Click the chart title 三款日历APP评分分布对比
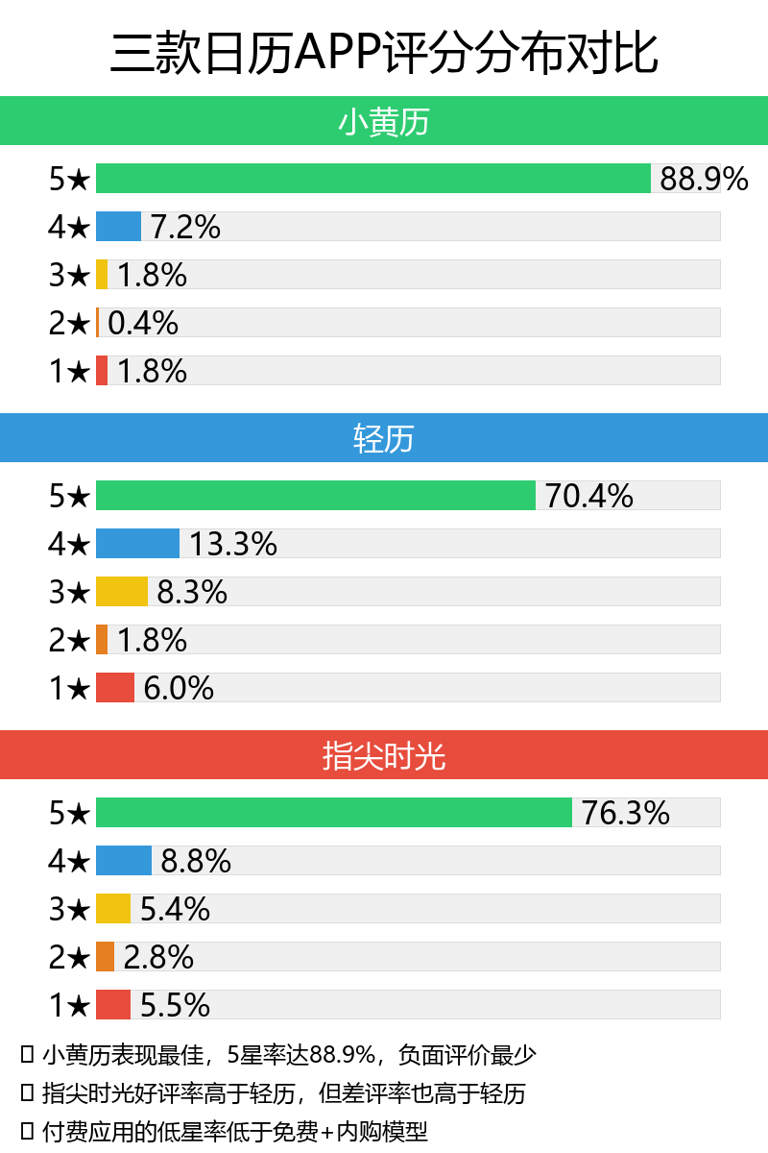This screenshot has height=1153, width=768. click(384, 52)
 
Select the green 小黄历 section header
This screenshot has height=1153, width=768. click(384, 122)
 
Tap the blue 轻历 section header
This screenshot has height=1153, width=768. click(384, 439)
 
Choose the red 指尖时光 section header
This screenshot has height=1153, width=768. click(384, 756)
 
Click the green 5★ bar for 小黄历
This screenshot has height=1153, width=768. click(372, 179)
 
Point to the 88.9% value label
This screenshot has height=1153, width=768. click(704, 179)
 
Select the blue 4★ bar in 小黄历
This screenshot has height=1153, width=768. click(118, 227)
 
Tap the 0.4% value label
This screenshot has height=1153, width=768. click(143, 323)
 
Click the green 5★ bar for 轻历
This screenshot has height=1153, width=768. click(315, 496)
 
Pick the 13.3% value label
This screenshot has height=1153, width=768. click(233, 544)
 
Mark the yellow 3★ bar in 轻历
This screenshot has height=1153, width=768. click(121, 592)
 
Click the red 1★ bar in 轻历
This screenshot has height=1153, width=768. click(114, 688)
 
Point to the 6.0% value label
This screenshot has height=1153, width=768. click(179, 688)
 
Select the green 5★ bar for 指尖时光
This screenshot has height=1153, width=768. click(333, 813)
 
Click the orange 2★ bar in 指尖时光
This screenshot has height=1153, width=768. click(105, 957)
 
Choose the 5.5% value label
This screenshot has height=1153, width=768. click(176, 1005)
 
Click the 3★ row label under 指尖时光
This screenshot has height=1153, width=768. click(69, 909)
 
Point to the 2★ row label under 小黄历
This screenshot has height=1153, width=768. click(69, 323)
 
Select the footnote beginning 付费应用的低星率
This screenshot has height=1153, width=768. click(235, 1131)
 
